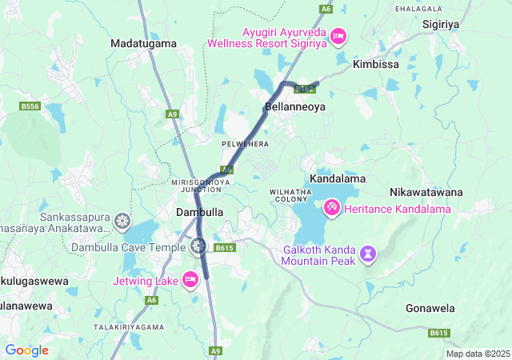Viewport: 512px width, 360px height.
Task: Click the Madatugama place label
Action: [x=143, y=44]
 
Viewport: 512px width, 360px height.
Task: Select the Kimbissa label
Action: [x=375, y=63]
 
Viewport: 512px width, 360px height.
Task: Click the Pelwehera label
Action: [x=245, y=143]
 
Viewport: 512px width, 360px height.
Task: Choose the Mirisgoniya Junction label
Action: [x=196, y=186]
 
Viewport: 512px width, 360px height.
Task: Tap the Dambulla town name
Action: [x=199, y=213]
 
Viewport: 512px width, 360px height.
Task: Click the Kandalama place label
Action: [x=336, y=178]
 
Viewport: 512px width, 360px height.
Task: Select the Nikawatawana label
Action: [x=426, y=193]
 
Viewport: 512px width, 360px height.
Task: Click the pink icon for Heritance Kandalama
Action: [x=331, y=209]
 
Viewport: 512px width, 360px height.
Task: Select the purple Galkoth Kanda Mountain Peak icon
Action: [x=368, y=254]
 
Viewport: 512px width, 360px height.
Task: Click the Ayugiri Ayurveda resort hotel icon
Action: [x=338, y=35]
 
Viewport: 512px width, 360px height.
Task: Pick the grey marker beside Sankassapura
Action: [x=122, y=221]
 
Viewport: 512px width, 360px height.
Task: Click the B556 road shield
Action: [x=30, y=106]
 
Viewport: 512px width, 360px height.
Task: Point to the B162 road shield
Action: [x=304, y=89]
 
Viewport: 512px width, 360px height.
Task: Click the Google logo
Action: [x=26, y=350]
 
